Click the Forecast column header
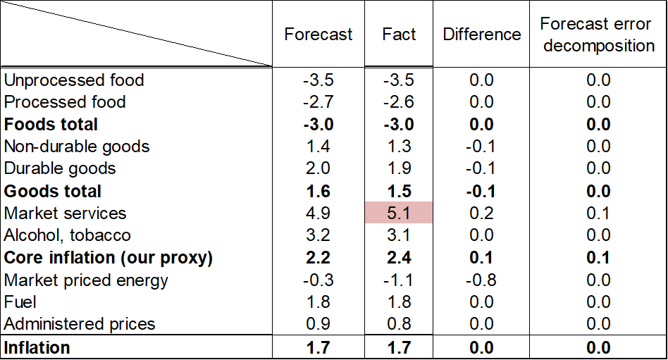point(318,34)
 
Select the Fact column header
point(399,34)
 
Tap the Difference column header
point(481,34)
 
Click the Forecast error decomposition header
point(598,35)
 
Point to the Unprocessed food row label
point(74,80)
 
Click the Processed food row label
point(65,102)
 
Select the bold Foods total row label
point(51,125)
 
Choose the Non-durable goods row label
point(77,147)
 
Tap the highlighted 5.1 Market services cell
point(399,213)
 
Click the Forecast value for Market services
point(318,213)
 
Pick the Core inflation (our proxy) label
point(109,258)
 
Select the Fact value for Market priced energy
point(398,280)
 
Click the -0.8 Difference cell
point(481,280)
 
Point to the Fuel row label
point(20,302)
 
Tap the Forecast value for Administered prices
point(318,324)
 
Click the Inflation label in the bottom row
point(37,347)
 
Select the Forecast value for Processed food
point(318,102)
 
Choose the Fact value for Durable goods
point(399,168)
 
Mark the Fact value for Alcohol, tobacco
point(399,235)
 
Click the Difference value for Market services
point(481,213)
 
